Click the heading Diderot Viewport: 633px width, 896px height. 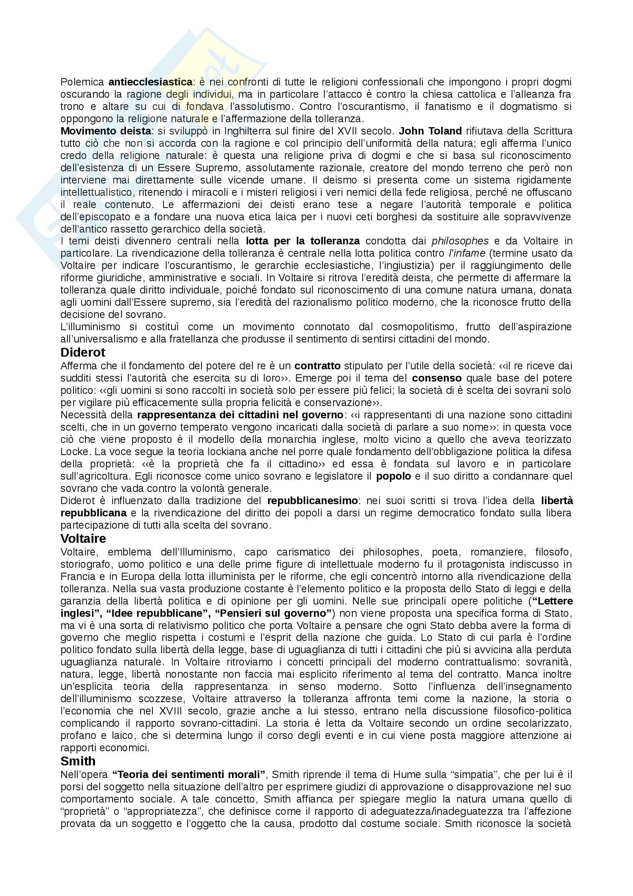coord(83,352)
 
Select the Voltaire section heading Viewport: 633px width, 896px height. coord(83,539)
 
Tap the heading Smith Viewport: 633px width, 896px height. coord(78,761)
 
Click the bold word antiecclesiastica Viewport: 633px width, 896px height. coord(150,82)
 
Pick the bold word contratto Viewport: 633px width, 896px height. coord(317,366)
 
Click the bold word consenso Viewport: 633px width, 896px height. coord(437,378)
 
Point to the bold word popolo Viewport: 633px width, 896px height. coord(393,476)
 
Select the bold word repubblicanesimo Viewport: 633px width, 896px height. coord(312,501)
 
